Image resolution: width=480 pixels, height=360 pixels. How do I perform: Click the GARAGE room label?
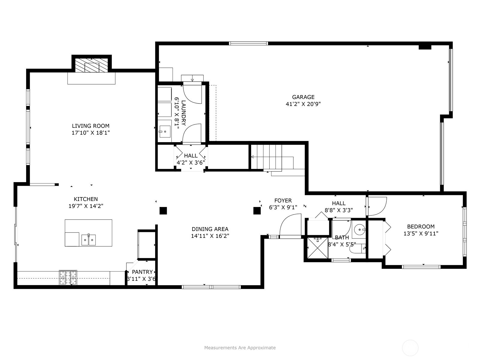point(303,97)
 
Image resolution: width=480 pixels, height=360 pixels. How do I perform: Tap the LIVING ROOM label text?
point(91,126)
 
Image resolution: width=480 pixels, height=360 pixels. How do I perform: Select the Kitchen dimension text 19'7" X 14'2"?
point(86,206)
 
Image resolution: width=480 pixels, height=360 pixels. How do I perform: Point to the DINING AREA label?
point(210,229)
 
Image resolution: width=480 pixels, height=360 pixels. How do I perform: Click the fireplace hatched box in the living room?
point(91,65)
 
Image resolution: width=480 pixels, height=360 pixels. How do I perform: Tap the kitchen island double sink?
point(88,240)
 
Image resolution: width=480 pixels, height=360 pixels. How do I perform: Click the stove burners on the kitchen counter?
point(68,277)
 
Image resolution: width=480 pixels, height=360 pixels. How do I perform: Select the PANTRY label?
point(142,272)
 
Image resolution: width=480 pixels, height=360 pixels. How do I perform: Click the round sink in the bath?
point(359,230)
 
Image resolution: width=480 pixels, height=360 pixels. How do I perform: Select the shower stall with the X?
point(318,248)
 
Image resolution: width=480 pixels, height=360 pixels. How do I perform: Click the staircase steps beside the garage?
point(269,157)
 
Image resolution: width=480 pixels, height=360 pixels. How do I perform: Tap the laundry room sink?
point(165,132)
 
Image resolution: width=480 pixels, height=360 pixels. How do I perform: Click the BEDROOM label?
point(421,226)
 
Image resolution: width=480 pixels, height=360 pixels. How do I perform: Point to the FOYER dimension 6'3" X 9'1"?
point(283,207)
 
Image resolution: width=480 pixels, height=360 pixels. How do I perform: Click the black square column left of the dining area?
point(163,211)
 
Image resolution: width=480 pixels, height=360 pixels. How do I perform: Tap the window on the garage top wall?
point(248,43)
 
